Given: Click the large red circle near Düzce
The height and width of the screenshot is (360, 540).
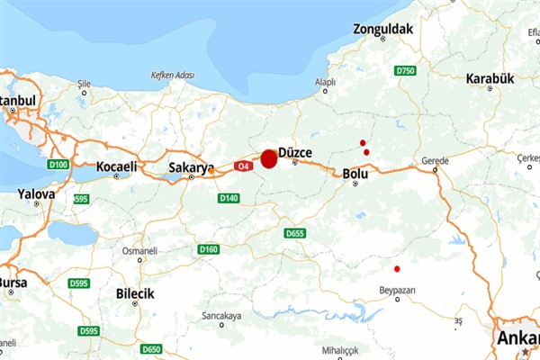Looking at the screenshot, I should (x=268, y=159).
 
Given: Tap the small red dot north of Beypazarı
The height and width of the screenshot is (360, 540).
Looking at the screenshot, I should (x=397, y=268).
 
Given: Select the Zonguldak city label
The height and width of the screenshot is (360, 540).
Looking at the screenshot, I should (x=382, y=30).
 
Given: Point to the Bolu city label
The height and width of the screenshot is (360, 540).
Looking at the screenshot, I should (x=356, y=173).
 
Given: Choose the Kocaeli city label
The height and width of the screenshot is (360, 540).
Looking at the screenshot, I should (x=117, y=166).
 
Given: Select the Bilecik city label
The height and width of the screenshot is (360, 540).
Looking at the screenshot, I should (x=135, y=293).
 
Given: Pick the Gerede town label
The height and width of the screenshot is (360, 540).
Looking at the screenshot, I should (x=435, y=161).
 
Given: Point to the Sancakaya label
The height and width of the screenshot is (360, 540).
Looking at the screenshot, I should (x=221, y=317).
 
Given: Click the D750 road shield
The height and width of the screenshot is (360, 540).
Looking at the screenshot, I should (x=405, y=70).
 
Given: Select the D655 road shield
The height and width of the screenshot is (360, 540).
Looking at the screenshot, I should (x=294, y=234).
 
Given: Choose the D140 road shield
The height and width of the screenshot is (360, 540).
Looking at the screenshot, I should (x=229, y=198).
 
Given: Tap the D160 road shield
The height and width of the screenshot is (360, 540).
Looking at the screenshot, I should (x=209, y=249).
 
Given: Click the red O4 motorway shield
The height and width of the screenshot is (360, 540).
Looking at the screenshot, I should (x=243, y=166).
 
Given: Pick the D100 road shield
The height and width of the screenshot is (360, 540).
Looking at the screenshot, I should (x=59, y=165).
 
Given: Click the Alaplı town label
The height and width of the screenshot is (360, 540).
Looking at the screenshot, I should (x=324, y=82).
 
